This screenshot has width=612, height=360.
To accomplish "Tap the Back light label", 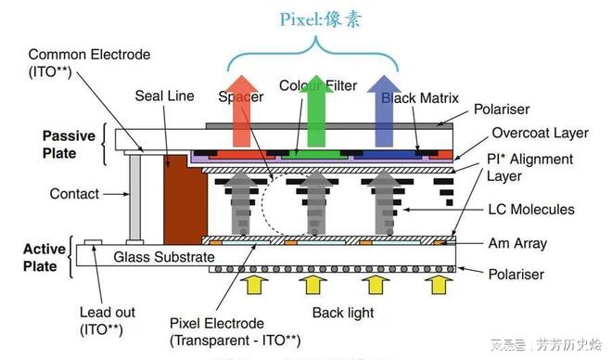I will click(x=342, y=313).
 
